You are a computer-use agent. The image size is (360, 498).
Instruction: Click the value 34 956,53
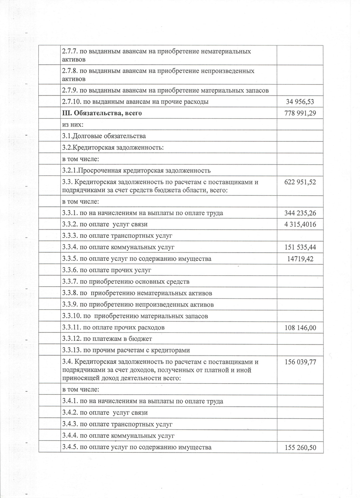coord(300,102)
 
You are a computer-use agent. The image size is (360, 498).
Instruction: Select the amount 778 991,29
coord(300,113)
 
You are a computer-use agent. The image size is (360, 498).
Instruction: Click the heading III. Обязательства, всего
coord(102,113)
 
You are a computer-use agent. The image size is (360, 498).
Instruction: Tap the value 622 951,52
coord(300,182)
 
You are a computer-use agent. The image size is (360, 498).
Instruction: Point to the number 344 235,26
coord(300,213)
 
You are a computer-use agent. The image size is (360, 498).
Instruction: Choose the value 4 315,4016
coord(300,224)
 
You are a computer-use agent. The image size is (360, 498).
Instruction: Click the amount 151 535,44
coord(300,247)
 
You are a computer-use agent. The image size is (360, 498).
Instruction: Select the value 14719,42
coord(300,259)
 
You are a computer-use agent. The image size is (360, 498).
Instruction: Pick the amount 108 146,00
coord(300,328)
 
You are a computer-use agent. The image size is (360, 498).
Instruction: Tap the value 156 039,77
coord(300,362)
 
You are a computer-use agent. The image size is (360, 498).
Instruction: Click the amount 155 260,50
coord(300,448)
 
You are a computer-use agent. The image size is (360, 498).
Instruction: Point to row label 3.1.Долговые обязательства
coord(104,136)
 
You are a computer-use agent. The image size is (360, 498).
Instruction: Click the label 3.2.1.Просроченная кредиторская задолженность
coord(136,170)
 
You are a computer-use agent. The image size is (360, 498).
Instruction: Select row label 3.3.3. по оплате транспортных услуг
coord(117,236)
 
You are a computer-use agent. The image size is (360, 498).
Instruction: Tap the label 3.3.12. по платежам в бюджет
coord(107,339)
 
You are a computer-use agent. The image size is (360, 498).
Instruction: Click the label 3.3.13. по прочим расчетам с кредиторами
coord(126,350)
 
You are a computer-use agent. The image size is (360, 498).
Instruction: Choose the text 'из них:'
coord(73,125)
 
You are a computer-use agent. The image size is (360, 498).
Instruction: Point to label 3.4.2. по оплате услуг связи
coord(105,413)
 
